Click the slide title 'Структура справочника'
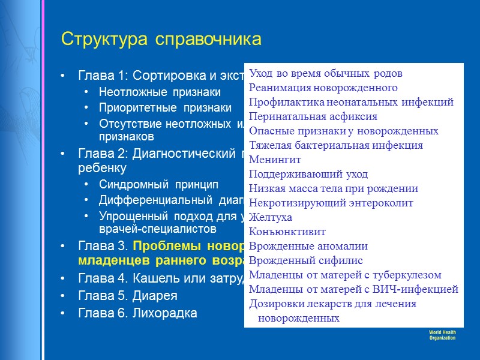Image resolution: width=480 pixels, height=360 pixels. coord(161,40)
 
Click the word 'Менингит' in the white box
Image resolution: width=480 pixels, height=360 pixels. coord(275,160)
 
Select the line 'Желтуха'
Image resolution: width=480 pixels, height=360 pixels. coord(270,218)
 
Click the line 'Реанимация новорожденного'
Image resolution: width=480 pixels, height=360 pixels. coord(323,88)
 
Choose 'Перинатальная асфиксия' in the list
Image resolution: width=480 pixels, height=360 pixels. coord(313,117)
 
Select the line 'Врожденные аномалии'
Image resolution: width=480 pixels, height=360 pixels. coord(308,247)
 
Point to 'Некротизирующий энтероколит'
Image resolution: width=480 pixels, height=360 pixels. coord(331,203)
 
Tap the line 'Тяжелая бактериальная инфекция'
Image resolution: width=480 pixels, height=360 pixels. coord(335,146)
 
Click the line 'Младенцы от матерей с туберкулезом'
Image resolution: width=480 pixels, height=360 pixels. coord(345,275)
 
